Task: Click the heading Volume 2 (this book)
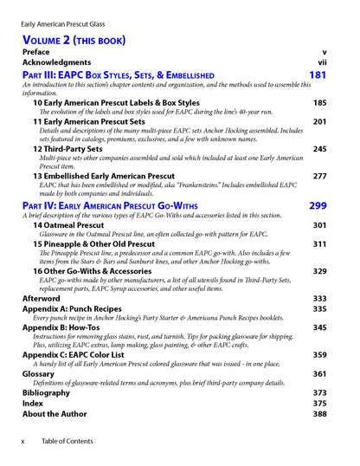pos(74,40)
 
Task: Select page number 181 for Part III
pos(318,76)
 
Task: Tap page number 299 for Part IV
pos(318,206)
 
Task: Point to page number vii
pos(322,62)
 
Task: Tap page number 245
pos(319,149)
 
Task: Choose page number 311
pos(319,244)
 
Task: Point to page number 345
pos(319,327)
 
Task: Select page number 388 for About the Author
pos(319,414)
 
